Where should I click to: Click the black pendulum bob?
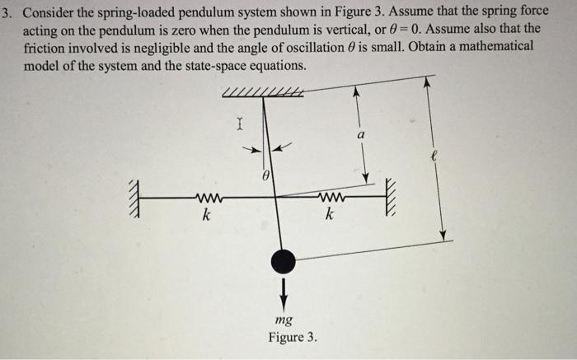pyautogui.click(x=284, y=261)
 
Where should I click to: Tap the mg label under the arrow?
pyautogui.click(x=284, y=320)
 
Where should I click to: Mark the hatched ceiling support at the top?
pyautogui.click(x=262, y=93)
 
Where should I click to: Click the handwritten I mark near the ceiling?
pyautogui.click(x=238, y=126)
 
